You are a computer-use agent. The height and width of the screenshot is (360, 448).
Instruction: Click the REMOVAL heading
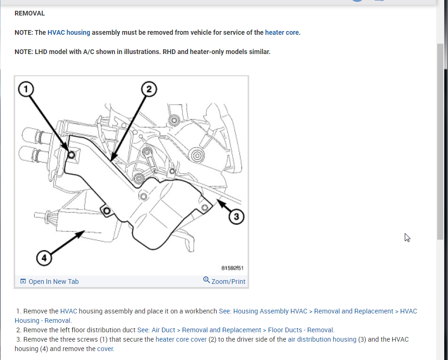(x=30, y=13)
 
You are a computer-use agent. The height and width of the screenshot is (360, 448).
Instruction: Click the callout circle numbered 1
(x=27, y=88)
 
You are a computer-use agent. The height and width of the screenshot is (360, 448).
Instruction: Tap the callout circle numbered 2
(x=149, y=88)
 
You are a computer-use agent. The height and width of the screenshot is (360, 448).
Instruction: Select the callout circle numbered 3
(x=236, y=216)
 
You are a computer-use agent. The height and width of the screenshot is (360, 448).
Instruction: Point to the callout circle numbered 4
(x=44, y=258)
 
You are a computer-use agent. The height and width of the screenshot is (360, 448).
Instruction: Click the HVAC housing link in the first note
(x=69, y=32)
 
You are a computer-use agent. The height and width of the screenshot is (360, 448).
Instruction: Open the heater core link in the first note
(x=282, y=32)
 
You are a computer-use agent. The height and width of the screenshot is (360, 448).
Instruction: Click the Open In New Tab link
(x=54, y=282)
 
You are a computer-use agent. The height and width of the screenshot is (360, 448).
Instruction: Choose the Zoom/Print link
(x=228, y=282)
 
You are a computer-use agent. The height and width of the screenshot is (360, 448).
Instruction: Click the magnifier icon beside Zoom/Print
(x=206, y=280)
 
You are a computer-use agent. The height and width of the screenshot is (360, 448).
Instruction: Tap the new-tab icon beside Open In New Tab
(x=23, y=282)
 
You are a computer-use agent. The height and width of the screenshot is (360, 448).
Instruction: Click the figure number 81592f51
(x=232, y=268)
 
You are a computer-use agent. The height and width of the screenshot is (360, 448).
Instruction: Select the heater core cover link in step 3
(x=181, y=339)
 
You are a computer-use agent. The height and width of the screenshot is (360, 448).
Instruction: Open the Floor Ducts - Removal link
(x=301, y=330)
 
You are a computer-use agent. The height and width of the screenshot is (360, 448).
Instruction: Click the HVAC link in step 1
(x=68, y=311)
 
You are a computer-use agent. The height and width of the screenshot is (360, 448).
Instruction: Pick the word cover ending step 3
(x=105, y=349)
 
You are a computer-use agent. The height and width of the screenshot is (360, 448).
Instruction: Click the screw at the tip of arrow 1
(x=71, y=155)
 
